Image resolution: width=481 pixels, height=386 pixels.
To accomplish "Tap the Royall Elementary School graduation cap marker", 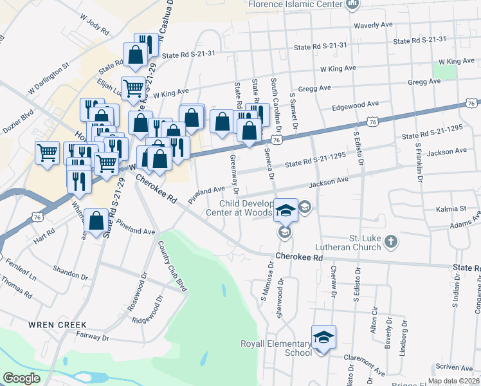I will pos(323,337).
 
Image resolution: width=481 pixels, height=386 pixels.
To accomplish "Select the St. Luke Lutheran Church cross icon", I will pos(390,242).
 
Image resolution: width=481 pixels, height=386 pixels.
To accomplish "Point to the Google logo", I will pos(21,378).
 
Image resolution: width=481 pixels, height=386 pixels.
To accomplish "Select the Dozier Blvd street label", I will pos(19,118).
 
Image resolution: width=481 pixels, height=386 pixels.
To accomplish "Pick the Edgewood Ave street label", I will pos(354,105).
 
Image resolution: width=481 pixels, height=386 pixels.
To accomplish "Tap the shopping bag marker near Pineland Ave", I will pos(96,222).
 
